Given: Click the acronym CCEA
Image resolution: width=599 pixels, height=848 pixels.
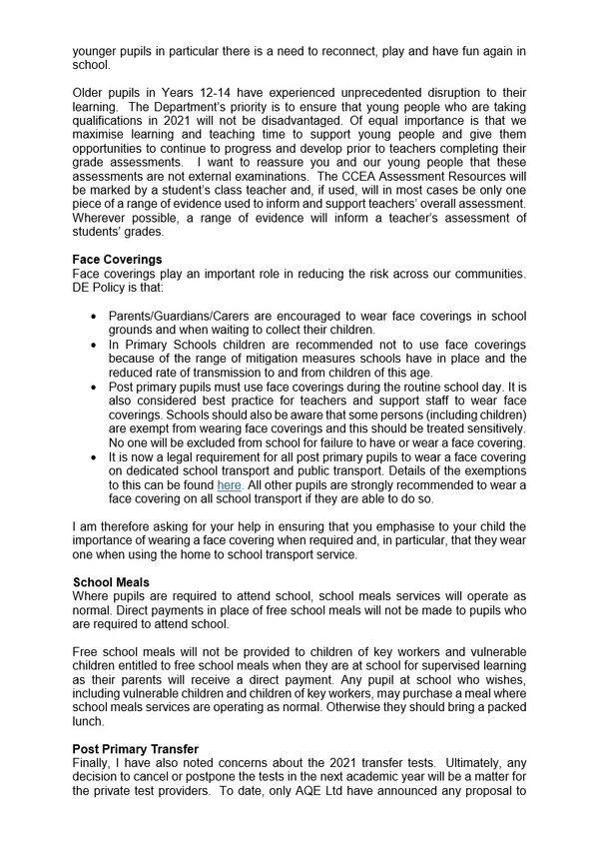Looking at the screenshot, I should (x=386, y=183).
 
